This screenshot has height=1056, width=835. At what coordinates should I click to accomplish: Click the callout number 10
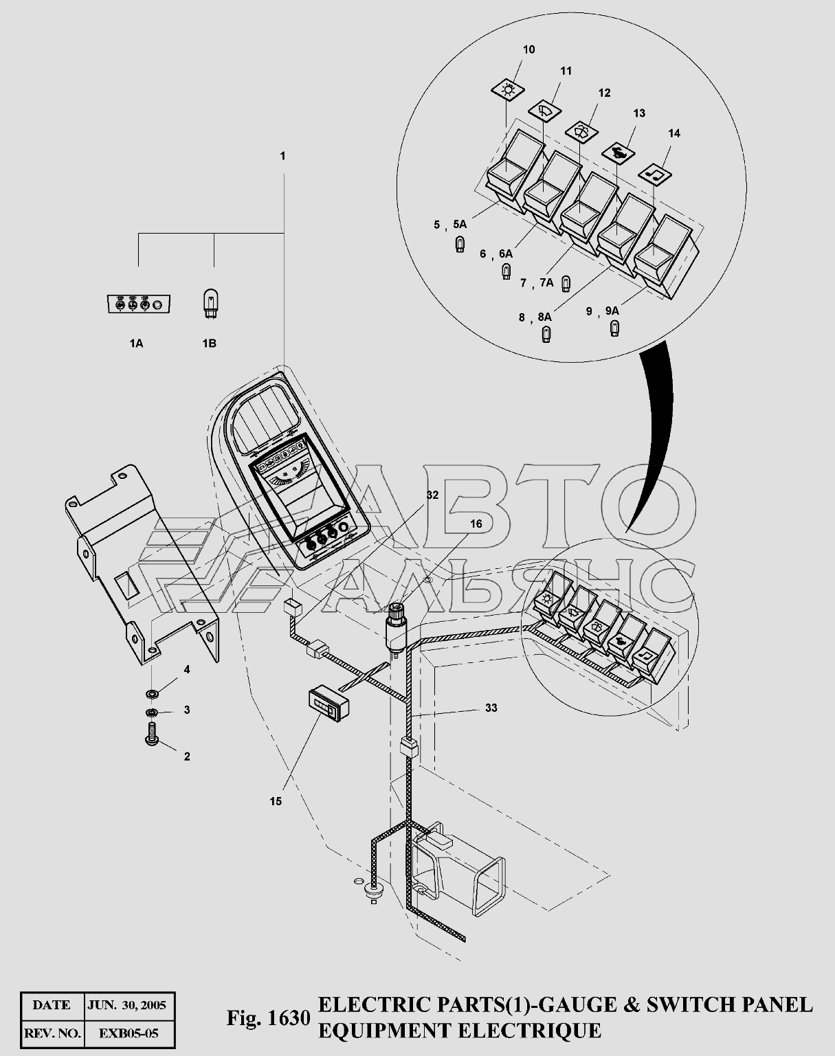[528, 49]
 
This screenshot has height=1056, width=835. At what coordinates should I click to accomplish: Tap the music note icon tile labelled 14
[655, 173]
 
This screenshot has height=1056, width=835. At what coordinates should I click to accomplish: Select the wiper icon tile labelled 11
[544, 111]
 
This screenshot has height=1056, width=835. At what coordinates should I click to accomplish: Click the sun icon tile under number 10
[508, 90]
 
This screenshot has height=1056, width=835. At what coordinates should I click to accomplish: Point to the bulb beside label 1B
[210, 305]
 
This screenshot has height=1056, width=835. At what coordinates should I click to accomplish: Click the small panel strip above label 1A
[138, 304]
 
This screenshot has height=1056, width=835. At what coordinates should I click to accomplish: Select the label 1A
[137, 344]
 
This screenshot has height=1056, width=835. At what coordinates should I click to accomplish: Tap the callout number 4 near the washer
[187, 669]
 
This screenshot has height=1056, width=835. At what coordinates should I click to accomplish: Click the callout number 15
[276, 801]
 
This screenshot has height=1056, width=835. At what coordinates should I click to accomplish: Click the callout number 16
[476, 524]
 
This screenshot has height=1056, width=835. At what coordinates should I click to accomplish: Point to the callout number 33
[491, 708]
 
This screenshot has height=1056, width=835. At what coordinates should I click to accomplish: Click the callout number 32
[432, 495]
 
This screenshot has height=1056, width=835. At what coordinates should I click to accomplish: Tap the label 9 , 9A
[602, 311]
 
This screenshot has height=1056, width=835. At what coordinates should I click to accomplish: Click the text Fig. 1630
[269, 1018]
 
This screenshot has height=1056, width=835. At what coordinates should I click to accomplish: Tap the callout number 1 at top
[282, 156]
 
